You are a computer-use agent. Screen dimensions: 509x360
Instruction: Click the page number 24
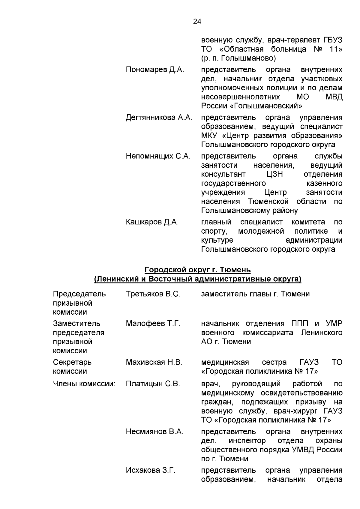[x=197, y=22]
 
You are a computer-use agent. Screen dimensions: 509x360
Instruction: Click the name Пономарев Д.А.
[x=155, y=70]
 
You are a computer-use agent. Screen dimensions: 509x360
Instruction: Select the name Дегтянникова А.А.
[x=159, y=118]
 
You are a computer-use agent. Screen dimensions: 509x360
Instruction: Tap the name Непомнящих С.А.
[x=158, y=156]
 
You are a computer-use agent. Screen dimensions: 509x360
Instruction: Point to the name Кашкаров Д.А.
[x=152, y=222]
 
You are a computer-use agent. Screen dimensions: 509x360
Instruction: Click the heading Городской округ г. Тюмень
[x=197, y=270]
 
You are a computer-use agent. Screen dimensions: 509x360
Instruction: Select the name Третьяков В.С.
[x=153, y=294]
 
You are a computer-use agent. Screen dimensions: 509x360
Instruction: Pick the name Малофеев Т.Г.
[x=153, y=324]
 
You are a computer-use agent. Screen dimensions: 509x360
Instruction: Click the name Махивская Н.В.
[x=154, y=362]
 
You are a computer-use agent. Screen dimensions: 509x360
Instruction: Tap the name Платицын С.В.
[x=153, y=384]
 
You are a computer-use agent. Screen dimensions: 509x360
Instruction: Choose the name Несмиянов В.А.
[x=154, y=432]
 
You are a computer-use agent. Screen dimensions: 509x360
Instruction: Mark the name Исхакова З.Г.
[x=151, y=470]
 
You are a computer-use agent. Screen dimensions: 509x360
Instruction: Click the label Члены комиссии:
[x=84, y=384]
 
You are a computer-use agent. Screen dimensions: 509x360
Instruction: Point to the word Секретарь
[x=72, y=362]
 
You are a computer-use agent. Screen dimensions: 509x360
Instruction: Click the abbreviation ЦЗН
[x=274, y=174]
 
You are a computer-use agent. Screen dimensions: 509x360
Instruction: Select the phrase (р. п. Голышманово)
[x=238, y=58]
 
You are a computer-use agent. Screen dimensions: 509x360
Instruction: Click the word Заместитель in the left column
[x=76, y=324]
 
